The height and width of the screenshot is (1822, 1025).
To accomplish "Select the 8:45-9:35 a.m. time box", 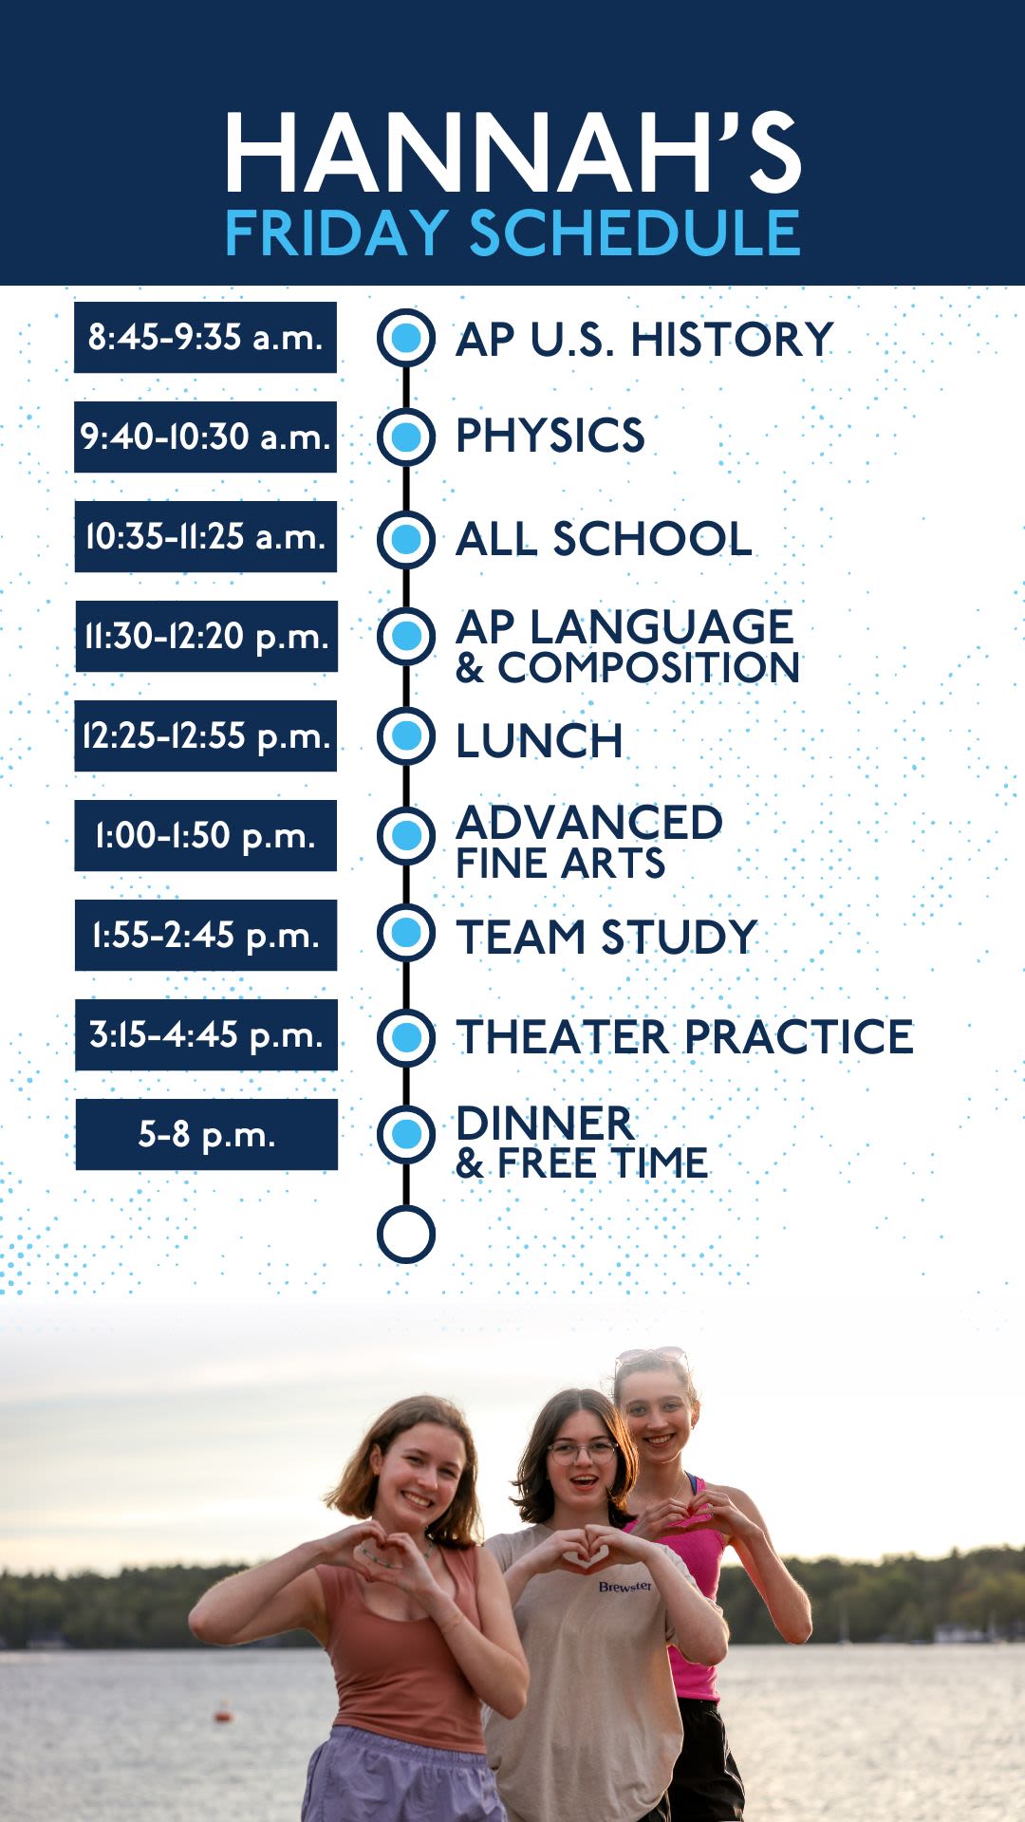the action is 206,337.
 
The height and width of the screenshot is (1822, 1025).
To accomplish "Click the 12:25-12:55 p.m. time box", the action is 206,735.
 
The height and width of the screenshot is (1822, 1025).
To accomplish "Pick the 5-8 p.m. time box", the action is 206,1134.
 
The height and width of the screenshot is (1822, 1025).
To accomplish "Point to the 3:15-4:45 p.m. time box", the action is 206,1034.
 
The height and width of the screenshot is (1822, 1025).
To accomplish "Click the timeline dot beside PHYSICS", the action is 406,437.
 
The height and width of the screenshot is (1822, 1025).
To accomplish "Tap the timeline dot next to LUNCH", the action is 406,735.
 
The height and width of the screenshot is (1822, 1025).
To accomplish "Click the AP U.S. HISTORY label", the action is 644,340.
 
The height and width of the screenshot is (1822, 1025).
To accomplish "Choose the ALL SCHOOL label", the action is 605,538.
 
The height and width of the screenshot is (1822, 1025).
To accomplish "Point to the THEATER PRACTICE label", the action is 684,1036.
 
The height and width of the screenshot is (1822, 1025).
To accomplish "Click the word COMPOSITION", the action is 649,667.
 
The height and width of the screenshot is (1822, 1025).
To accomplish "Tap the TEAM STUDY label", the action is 606,937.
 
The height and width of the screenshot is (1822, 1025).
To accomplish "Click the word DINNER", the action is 545,1124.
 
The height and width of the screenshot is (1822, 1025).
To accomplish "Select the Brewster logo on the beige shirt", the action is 624,1586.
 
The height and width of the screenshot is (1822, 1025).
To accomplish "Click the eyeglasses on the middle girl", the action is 582,1451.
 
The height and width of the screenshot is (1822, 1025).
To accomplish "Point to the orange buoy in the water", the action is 223,1715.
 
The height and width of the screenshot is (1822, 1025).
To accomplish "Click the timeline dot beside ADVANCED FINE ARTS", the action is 406,835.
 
